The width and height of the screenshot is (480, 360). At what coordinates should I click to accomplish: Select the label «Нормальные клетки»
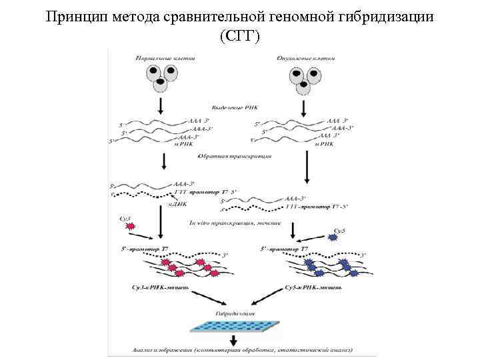click(x=165, y=58)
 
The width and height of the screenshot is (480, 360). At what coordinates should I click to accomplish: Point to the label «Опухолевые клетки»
click(x=305, y=58)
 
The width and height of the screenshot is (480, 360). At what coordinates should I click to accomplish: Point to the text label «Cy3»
click(x=125, y=219)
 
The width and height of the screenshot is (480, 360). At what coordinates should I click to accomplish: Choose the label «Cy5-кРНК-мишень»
click(x=313, y=286)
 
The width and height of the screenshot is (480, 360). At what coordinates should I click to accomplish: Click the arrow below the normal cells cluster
click(x=161, y=105)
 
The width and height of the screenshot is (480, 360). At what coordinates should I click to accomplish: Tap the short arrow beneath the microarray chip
click(x=235, y=340)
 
